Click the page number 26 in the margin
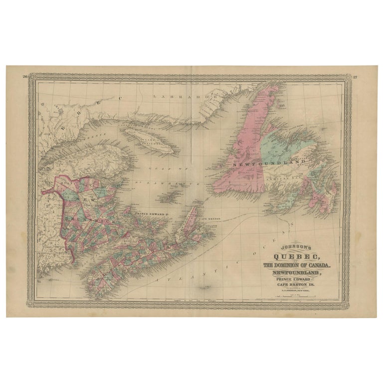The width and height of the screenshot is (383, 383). pos(24,76)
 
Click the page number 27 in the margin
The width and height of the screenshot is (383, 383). pos(355,77)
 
